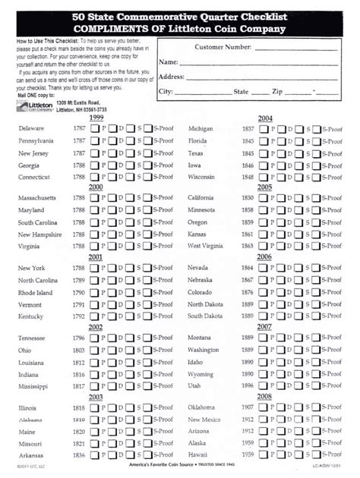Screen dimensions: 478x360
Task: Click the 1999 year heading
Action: [x=96, y=118]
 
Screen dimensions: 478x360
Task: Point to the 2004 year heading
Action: [x=265, y=118]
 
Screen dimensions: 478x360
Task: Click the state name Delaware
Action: [x=31, y=129]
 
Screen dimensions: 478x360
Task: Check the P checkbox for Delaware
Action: [x=95, y=129]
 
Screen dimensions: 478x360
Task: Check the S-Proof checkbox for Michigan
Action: [x=315, y=129]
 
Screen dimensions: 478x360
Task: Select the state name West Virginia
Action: [x=205, y=247]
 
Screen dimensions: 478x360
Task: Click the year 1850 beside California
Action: [x=248, y=198]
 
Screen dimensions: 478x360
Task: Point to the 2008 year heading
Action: [x=265, y=396]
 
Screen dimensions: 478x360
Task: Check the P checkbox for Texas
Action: [x=263, y=153]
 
